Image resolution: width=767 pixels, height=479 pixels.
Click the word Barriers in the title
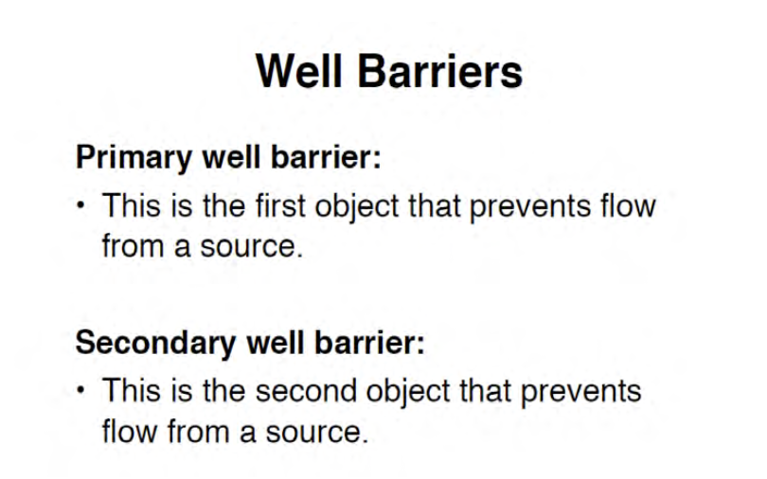[x=440, y=71]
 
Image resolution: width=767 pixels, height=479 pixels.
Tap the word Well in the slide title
[x=299, y=71]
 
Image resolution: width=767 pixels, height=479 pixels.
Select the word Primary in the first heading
[x=134, y=158]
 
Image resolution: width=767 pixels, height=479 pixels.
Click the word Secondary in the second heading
[x=155, y=343]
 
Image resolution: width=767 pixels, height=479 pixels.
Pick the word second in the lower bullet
[x=306, y=391]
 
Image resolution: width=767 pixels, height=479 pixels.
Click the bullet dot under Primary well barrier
[x=80, y=204]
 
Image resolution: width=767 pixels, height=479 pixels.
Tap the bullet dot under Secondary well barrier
[x=80, y=390]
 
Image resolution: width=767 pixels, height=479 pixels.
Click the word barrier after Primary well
[x=326, y=157]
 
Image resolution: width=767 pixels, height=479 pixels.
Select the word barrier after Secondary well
[x=369, y=342]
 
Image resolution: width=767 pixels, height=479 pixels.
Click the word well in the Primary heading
[x=231, y=157]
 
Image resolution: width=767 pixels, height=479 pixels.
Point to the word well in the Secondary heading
[x=276, y=342]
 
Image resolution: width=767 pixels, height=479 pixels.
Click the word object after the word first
[x=357, y=207]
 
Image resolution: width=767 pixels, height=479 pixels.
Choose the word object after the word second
[x=408, y=393]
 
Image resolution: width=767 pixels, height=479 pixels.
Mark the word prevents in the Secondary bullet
[x=580, y=393]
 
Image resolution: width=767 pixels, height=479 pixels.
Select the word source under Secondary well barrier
[x=316, y=433]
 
